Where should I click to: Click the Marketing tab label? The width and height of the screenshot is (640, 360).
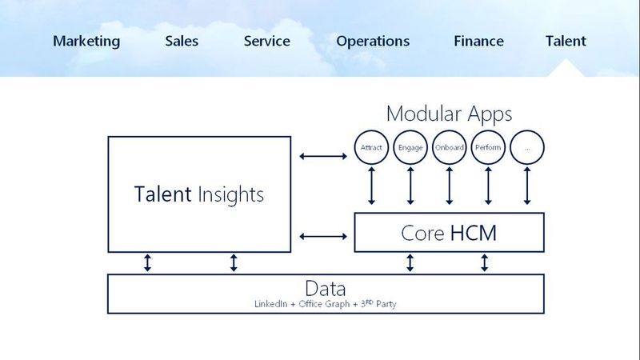[86, 42]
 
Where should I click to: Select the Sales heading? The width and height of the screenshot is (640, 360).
[182, 42]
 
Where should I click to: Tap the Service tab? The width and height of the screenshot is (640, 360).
[267, 42]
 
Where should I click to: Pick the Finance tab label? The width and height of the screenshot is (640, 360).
[478, 42]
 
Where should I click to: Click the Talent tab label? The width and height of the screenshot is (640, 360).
[566, 42]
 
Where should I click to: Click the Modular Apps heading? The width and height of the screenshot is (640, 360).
[449, 114]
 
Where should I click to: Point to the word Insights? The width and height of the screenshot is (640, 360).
[230, 194]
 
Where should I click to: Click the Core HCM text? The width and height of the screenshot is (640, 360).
[449, 233]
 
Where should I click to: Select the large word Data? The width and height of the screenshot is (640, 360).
[326, 288]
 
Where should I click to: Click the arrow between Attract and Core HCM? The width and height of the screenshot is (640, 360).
[371, 186]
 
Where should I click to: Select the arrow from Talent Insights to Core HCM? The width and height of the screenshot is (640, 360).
[323, 236]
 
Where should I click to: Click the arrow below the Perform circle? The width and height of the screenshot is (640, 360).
[488, 186]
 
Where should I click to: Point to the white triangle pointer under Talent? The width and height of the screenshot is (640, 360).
[566, 70]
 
